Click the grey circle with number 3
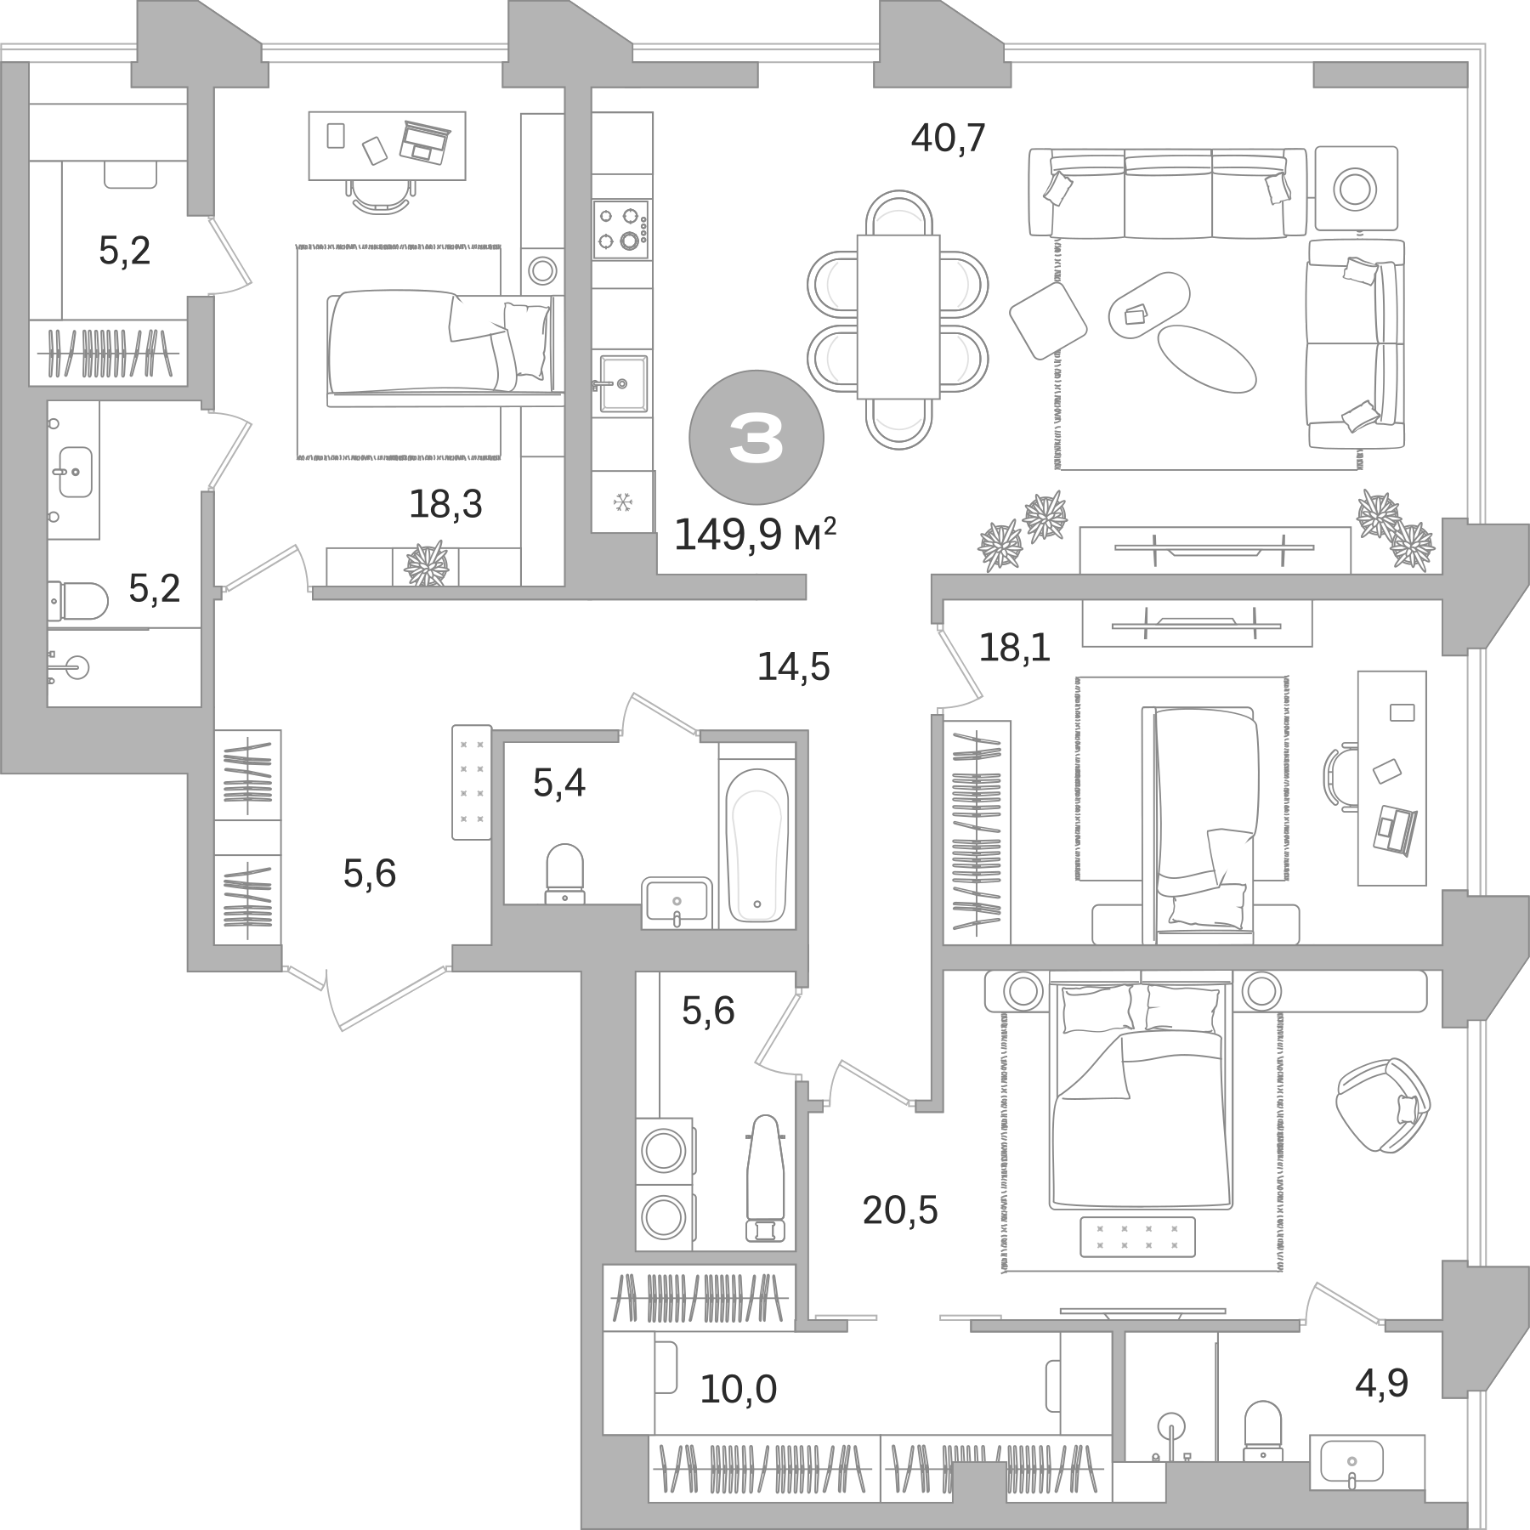point(756,437)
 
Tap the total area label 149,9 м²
point(755,535)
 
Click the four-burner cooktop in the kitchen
point(622,228)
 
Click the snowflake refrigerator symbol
point(622,503)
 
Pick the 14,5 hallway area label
point(793,668)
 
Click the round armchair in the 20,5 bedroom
point(1382,1105)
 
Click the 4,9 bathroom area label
point(1381,1383)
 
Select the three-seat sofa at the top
point(1167,193)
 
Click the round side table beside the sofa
point(1355,188)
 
